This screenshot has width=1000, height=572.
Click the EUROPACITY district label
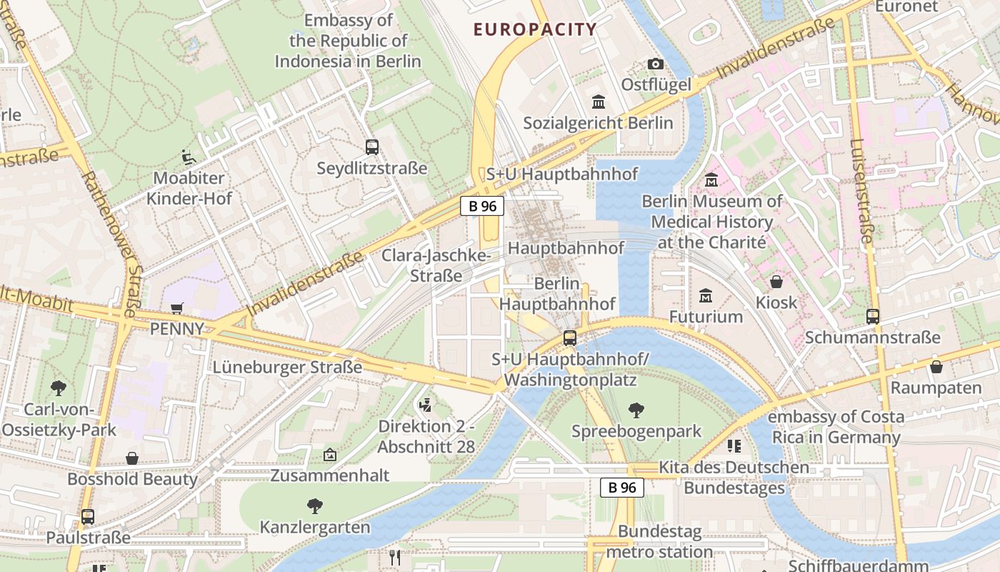[x=535, y=29]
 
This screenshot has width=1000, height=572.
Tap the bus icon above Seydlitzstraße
[x=371, y=147]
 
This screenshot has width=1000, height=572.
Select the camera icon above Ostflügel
[x=655, y=64]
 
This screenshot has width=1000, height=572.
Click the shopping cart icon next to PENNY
[x=176, y=308]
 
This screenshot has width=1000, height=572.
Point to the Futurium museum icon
[x=706, y=295]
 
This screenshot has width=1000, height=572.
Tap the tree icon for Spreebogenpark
[x=636, y=410]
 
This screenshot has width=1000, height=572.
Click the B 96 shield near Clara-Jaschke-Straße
[x=481, y=206]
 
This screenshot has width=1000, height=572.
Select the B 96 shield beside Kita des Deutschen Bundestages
[x=621, y=488]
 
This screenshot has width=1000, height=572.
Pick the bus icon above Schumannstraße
[x=872, y=316]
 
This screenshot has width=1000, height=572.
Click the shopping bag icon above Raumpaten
[x=936, y=367]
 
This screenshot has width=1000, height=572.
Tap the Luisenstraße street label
[x=862, y=190]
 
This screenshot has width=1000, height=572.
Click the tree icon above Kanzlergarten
[x=314, y=506]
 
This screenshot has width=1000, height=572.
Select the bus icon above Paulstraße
[x=88, y=516]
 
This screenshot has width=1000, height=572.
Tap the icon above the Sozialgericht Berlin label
[x=598, y=102]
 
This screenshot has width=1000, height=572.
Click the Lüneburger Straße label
[x=287, y=367]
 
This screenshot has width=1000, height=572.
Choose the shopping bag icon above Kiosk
[x=776, y=282]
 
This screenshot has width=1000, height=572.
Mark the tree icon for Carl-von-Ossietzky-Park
[x=59, y=388]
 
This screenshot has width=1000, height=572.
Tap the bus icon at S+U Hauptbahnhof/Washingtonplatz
[x=569, y=338]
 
